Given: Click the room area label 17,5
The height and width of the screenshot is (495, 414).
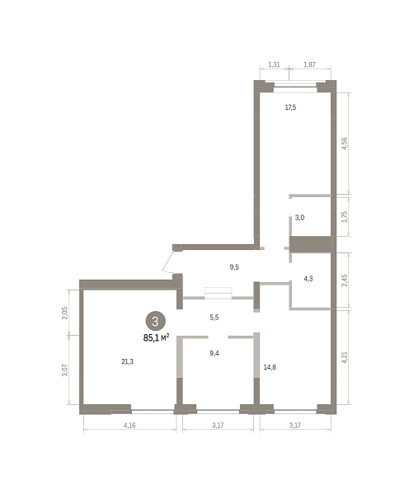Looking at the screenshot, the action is (x=290, y=107).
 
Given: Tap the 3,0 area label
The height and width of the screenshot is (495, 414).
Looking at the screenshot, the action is (x=299, y=218).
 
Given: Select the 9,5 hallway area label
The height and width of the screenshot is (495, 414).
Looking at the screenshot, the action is (x=234, y=267).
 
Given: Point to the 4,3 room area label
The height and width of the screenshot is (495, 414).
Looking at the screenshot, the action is (x=308, y=279).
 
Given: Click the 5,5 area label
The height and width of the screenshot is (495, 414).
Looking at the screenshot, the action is (x=214, y=318).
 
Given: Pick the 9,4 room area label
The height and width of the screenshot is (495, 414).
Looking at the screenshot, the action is (x=214, y=353).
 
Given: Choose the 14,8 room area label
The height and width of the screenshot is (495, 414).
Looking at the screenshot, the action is (x=270, y=367).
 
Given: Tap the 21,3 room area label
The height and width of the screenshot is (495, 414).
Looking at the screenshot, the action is (x=128, y=361).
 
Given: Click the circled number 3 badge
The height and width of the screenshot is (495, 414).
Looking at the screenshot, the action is (x=155, y=322).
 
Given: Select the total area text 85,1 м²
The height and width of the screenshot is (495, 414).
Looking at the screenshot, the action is (x=156, y=337).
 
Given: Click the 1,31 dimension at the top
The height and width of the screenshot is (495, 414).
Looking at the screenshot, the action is (x=274, y=64).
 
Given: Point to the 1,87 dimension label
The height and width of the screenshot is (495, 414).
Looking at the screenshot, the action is (x=309, y=64).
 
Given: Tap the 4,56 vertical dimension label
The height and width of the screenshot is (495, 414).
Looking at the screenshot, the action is (x=344, y=144).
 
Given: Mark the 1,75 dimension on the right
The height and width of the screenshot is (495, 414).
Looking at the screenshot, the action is (x=344, y=216).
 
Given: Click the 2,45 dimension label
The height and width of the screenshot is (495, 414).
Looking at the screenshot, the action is (x=344, y=280).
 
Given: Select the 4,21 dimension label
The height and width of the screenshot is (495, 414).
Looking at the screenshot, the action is (x=344, y=357).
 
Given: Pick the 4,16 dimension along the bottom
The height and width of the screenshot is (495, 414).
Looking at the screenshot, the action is (x=129, y=425).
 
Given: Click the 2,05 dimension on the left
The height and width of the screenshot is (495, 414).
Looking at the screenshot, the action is (x=64, y=313).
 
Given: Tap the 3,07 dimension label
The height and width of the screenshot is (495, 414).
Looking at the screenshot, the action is (x=64, y=370).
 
